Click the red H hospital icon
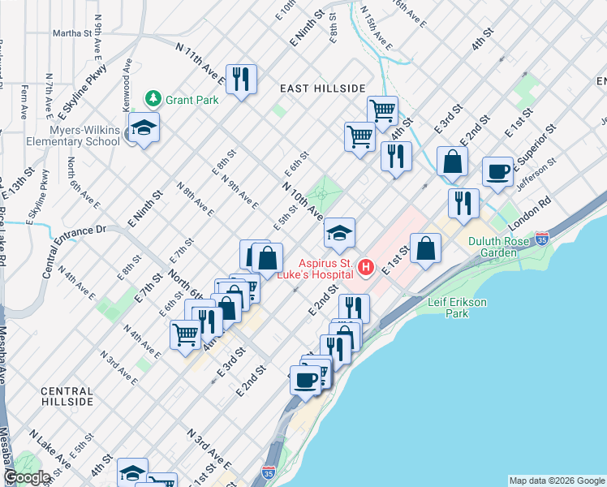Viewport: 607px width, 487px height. pos(366,267)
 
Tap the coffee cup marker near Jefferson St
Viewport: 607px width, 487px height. pos(497,172)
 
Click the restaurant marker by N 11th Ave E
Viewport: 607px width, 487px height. pos(241,80)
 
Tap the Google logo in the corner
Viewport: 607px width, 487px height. pos(28,477)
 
